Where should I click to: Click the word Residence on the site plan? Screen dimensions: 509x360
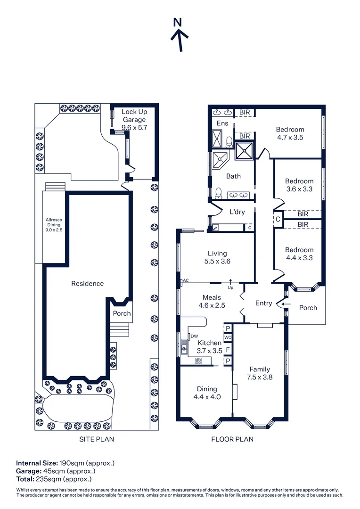[87, 283]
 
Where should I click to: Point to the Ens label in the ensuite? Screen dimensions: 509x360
[222, 123]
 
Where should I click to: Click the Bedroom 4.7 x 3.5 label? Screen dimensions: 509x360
[290, 133]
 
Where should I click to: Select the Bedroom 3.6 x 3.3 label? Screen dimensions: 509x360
[299, 185]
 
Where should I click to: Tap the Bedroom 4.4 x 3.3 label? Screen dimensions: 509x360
[299, 254]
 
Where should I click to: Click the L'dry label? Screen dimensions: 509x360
[237, 212]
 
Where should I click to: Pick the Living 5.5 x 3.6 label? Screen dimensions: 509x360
[217, 257]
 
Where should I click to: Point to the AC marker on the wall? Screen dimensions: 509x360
[185, 280]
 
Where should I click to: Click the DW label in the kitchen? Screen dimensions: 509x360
[194, 336]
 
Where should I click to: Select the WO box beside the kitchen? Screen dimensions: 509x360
[227, 338]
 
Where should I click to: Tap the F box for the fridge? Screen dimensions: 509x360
[228, 350]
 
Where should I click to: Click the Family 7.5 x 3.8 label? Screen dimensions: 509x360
[260, 373]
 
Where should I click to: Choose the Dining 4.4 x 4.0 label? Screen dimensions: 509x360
[207, 393]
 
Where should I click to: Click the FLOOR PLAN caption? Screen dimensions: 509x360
[232, 439]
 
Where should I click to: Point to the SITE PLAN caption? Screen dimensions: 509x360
[96, 439]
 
